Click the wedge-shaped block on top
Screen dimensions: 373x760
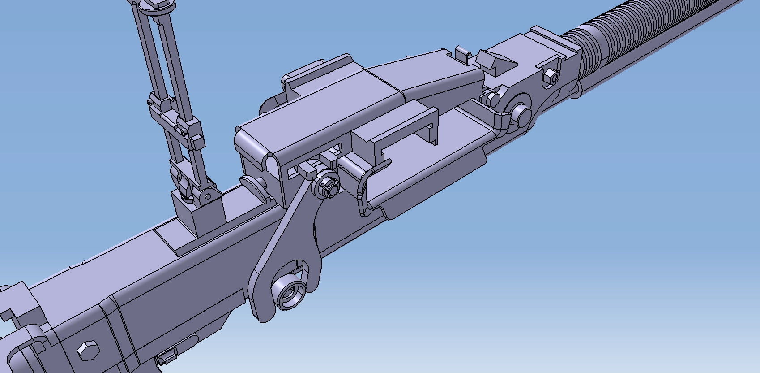click(x=495, y=61)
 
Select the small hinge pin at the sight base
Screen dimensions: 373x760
click(x=208, y=196)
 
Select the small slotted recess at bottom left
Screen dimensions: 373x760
click(x=168, y=356)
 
